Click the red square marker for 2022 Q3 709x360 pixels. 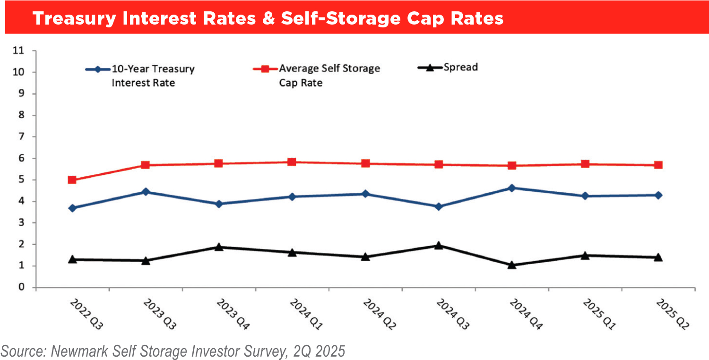click(x=72, y=180)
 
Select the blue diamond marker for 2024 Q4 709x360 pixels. click(x=511, y=188)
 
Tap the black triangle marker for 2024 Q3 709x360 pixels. click(x=439, y=245)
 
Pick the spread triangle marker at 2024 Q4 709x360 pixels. click(x=511, y=265)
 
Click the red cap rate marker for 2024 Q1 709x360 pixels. click(x=292, y=162)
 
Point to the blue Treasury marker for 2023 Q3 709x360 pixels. click(x=146, y=192)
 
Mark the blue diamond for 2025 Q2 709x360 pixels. click(x=658, y=195)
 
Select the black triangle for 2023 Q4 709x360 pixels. click(x=219, y=247)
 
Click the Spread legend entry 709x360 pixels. click(x=460, y=67)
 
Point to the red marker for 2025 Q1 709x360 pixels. click(x=585, y=164)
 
